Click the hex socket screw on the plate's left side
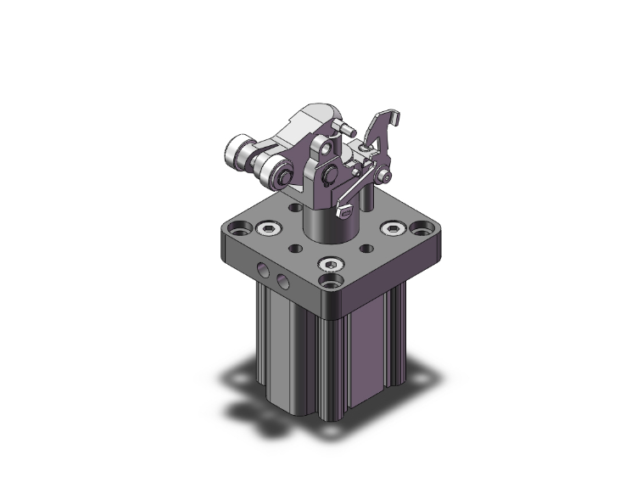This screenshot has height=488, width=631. click(268, 227)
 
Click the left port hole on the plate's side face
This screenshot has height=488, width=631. click(265, 271)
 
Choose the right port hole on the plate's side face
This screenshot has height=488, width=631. click(282, 278)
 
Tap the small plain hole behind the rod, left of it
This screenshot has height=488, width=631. click(294, 206)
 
